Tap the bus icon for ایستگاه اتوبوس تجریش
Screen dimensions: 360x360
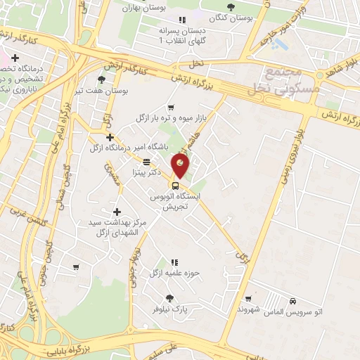(175, 187)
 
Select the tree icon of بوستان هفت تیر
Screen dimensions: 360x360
(103, 79)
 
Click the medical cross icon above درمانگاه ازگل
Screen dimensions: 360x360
(109, 137)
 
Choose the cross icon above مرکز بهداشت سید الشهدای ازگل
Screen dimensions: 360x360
(117, 211)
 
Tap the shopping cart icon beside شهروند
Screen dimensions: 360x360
(248, 298)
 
